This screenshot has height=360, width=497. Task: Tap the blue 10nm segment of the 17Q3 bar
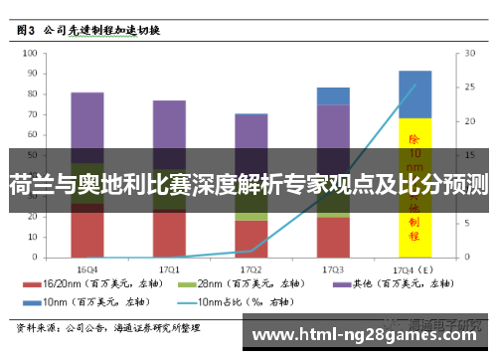(x=333, y=95)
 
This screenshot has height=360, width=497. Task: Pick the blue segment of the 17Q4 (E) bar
(x=414, y=93)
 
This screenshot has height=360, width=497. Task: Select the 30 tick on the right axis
(x=460, y=55)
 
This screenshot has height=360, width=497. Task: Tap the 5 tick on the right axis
(x=458, y=225)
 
